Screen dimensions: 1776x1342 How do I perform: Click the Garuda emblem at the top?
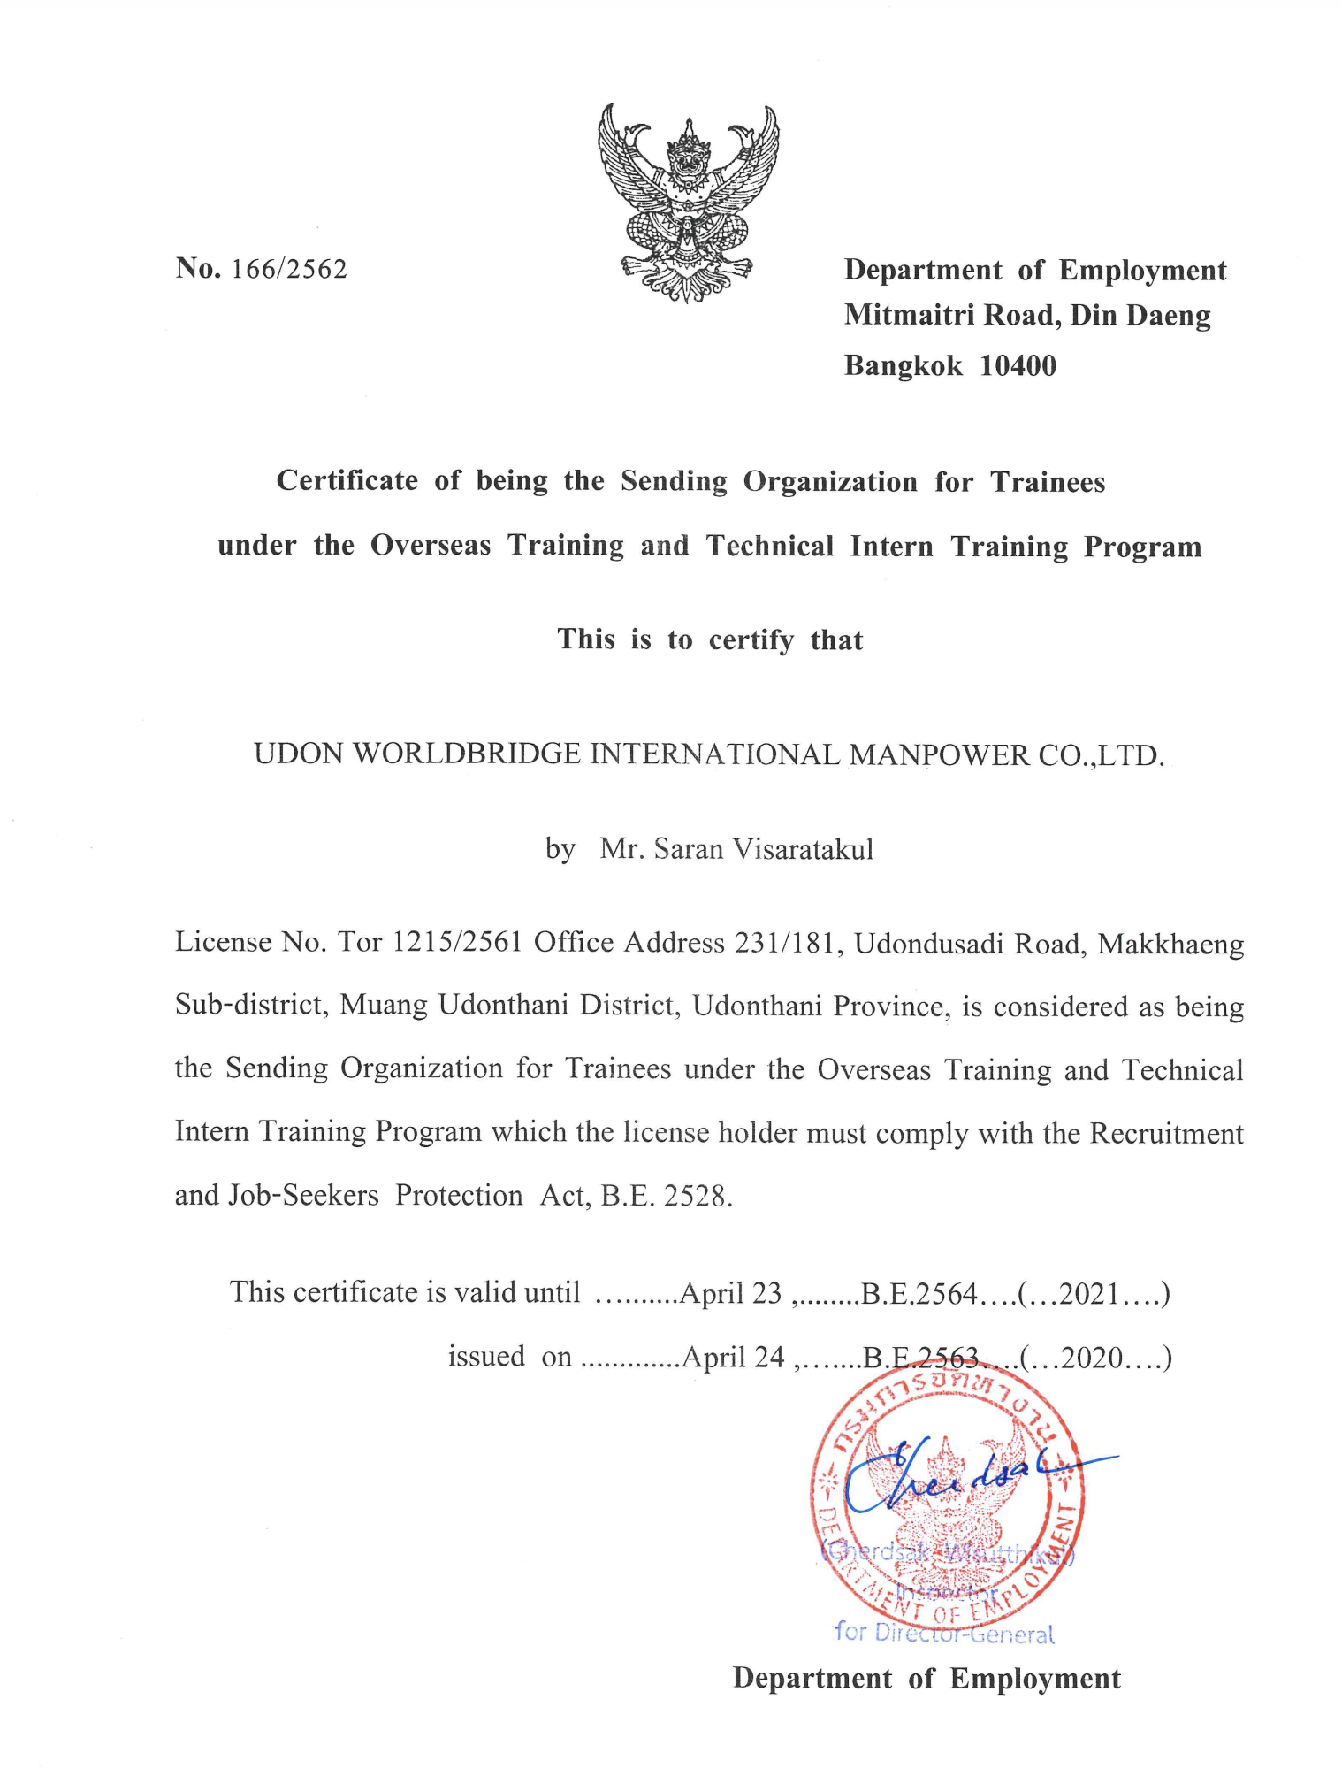point(688,203)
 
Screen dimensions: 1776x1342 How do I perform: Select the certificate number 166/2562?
point(289,269)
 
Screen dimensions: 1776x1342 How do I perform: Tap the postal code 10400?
point(1018,365)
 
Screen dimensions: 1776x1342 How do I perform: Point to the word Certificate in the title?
point(347,480)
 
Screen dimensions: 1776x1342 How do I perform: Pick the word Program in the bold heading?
point(1142,547)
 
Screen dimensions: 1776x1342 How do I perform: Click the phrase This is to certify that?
point(710,639)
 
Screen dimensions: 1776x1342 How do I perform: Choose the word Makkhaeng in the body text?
point(1170,945)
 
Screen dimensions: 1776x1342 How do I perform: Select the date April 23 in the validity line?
point(731,1293)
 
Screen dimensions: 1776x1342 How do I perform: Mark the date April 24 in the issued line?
point(733,1357)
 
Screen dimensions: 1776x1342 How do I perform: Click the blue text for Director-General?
point(944,1633)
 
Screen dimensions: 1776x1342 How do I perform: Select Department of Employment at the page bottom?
point(926,1678)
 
